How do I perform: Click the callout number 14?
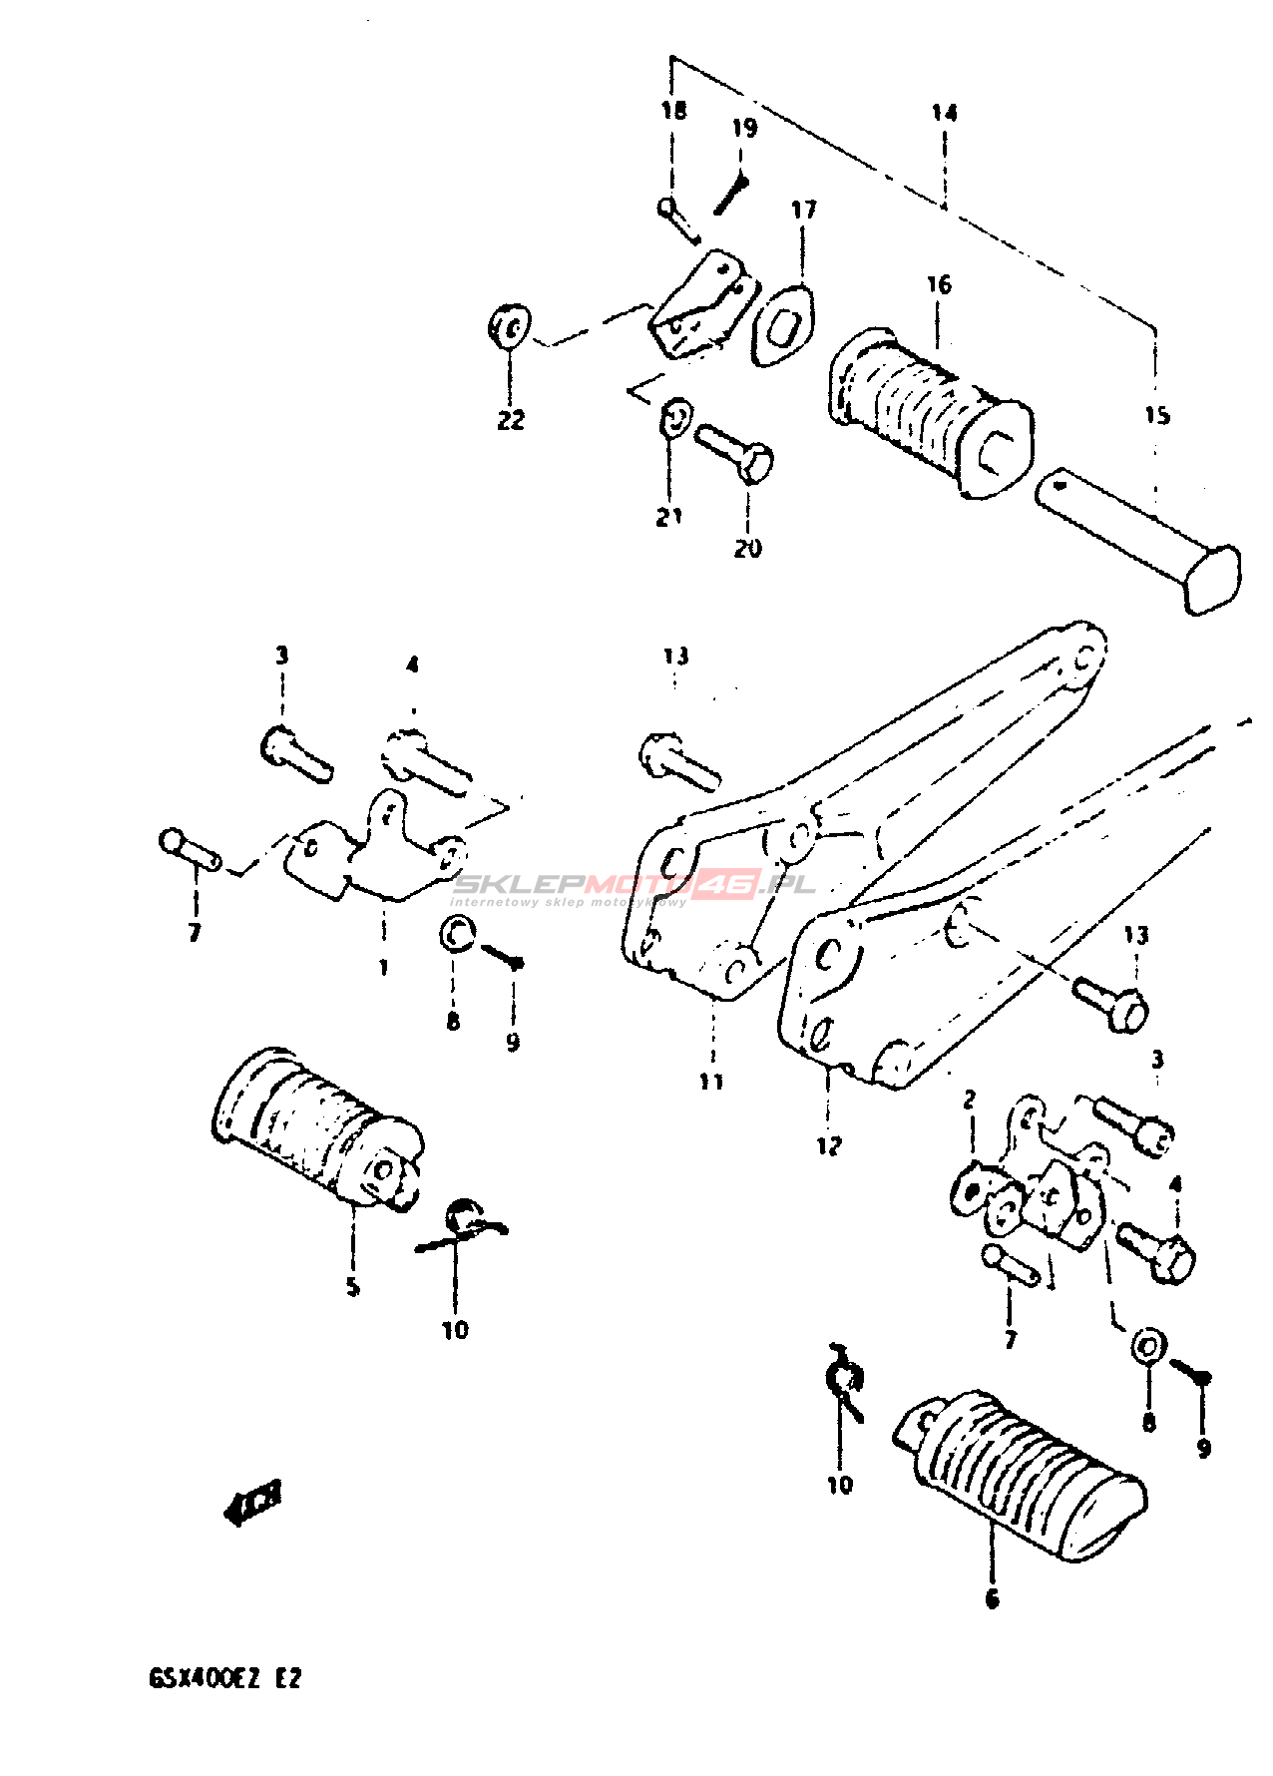[944, 113]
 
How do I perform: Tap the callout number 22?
[510, 420]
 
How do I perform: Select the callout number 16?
[939, 285]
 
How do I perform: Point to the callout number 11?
[710, 1081]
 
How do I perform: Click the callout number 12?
[829, 1145]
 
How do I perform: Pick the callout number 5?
[352, 1287]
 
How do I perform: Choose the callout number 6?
[992, 1598]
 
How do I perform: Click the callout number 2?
[969, 1100]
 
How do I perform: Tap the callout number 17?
[803, 210]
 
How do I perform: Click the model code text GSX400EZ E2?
[224, 1678]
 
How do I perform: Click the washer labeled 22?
[509, 326]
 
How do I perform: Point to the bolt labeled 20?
[736, 452]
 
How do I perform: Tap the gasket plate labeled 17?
[782, 325]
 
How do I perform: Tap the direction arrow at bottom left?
[253, 1502]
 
